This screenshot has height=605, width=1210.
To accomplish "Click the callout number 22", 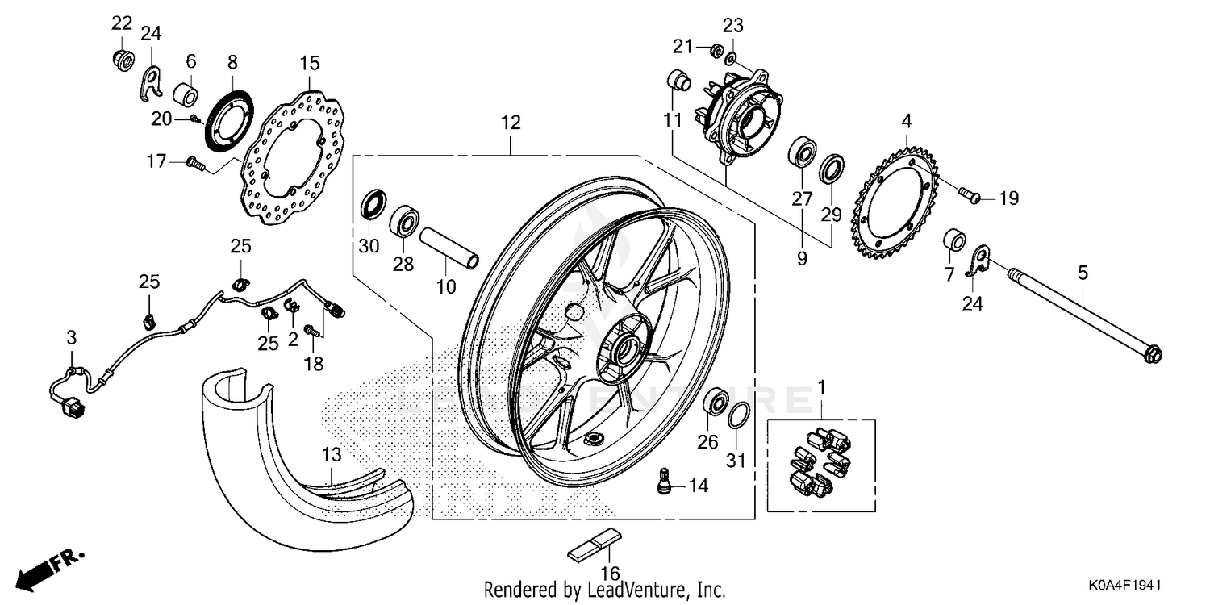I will (x=121, y=22).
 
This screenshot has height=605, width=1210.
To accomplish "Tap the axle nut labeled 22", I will (x=121, y=59).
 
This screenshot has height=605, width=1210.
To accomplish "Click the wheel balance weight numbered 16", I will (x=595, y=547).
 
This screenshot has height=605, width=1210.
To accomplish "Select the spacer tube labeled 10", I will (x=449, y=246).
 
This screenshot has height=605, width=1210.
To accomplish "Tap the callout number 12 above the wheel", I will (x=510, y=123).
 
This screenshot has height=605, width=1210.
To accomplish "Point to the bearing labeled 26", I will (x=714, y=403).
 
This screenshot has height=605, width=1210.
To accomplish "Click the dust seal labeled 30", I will (x=372, y=204).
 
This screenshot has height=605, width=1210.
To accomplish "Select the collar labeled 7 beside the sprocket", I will (x=955, y=240).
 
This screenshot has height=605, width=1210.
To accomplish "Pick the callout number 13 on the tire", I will (x=332, y=455).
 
